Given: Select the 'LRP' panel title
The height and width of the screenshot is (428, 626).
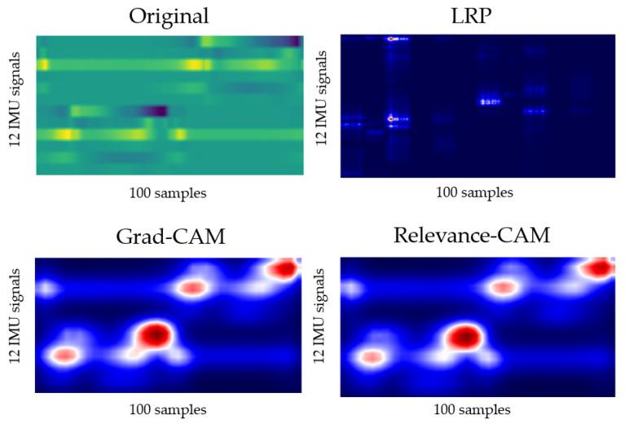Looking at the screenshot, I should [475, 15].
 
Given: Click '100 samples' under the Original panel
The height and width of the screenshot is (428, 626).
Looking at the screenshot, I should [168, 193].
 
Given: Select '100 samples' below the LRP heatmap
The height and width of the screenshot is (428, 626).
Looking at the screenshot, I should [474, 193].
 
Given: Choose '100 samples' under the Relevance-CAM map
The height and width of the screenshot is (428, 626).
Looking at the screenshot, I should [473, 409].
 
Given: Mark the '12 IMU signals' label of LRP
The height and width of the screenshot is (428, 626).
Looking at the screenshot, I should [322, 98].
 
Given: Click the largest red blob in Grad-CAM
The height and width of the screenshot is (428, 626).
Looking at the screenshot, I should [153, 333].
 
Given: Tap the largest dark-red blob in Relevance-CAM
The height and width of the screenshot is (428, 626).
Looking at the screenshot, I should [461, 335].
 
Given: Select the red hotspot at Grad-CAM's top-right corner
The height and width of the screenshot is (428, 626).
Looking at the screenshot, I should [284, 268].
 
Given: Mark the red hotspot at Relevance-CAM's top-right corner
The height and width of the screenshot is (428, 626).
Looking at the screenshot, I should [598, 267].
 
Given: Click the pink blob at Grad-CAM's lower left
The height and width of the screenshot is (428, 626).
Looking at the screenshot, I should [64, 355].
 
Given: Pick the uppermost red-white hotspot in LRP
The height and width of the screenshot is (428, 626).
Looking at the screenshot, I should [393, 38].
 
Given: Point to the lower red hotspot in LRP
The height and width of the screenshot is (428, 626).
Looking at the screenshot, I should [393, 119].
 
